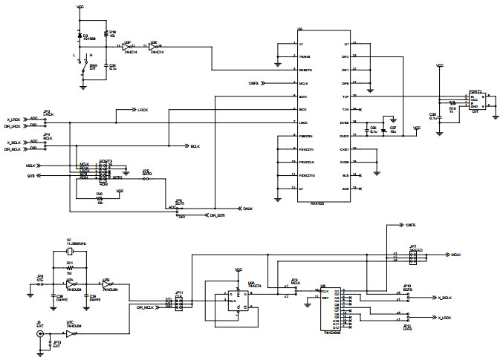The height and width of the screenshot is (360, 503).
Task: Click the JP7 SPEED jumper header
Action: tap(412, 255)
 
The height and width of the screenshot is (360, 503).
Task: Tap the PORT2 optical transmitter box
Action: tap(475, 102)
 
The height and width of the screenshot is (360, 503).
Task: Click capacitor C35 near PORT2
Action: tap(440, 117)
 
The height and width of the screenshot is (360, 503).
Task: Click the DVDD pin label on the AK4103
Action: tap(345, 136)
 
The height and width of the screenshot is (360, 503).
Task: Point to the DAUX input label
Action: tap(247, 209)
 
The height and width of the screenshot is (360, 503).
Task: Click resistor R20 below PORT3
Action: tap(99, 198)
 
